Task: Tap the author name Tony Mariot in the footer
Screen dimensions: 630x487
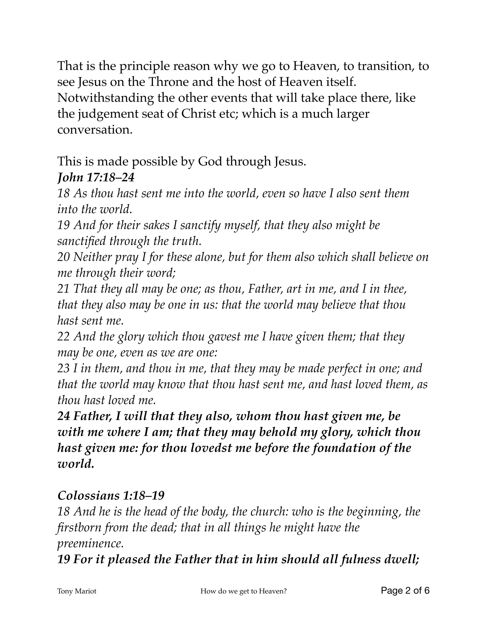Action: (77, 591)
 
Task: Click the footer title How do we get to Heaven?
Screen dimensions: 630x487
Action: (243, 591)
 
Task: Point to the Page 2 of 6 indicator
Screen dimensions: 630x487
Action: (405, 591)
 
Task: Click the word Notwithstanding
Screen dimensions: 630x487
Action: (106, 98)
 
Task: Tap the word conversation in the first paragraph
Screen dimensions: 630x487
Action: (95, 130)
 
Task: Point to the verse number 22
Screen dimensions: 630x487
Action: (63, 337)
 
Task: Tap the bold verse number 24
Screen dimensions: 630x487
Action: (64, 416)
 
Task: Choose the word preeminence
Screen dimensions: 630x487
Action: (91, 543)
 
